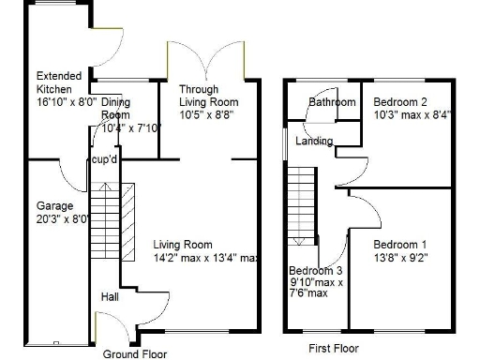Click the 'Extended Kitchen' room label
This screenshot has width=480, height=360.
58,82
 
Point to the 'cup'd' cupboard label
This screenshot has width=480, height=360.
104,160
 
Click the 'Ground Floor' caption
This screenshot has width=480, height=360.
133,353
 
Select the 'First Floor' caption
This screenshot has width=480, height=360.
333,348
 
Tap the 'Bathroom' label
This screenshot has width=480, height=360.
333,101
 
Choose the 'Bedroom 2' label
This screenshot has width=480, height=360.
400,101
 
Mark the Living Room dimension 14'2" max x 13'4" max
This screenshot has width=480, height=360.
206,258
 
